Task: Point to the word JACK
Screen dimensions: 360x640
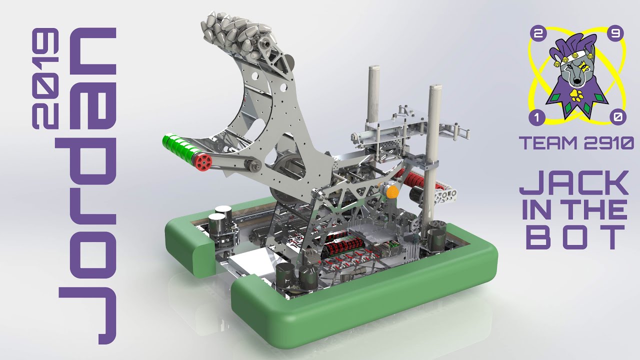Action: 573,183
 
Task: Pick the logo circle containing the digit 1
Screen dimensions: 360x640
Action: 536,118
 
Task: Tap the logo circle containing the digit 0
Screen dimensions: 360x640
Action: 617,118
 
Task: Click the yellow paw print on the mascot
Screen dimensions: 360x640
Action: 576,94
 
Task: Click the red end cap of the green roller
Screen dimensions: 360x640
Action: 203,161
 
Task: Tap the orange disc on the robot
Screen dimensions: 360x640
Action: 391,191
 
